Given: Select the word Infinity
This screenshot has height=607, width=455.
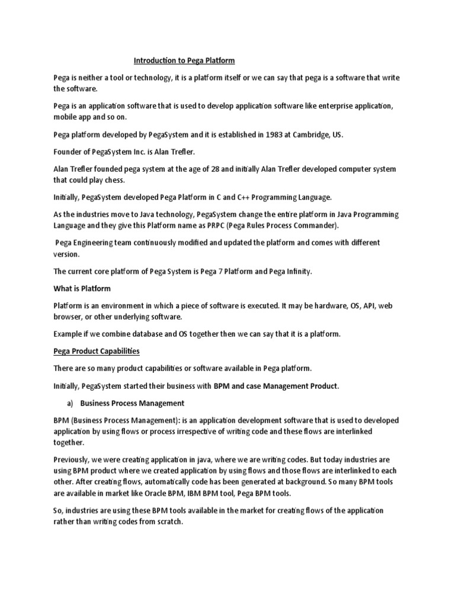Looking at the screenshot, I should click(x=294, y=271).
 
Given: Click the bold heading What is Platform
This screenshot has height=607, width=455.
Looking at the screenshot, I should click(x=82, y=289).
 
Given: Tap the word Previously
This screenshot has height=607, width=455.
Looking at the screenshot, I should click(x=74, y=460).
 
